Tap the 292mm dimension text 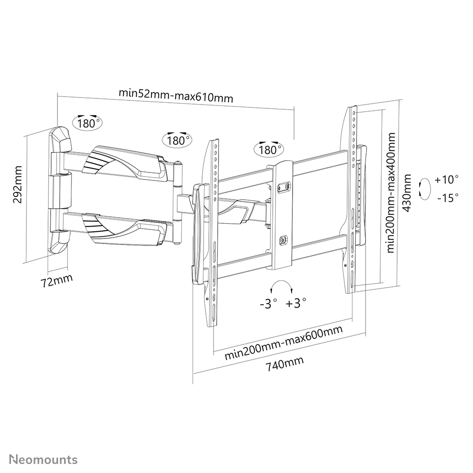click(x=18, y=184)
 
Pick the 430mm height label click(x=407, y=193)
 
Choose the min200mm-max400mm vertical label click(x=391, y=192)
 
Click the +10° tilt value click(x=446, y=179)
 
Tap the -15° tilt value click(x=448, y=198)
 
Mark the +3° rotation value click(x=296, y=302)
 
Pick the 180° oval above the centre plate click(x=269, y=149)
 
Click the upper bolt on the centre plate click(x=283, y=187)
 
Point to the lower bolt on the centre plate click(x=282, y=240)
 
